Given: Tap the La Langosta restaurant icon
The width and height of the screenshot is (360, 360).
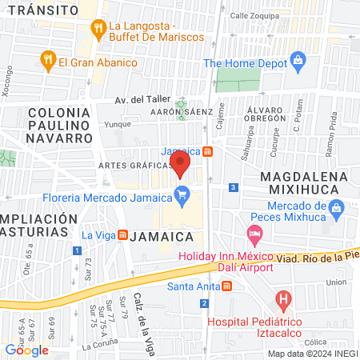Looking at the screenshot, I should coord(98,29).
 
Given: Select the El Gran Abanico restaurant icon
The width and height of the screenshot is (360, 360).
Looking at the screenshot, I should coord(46,61).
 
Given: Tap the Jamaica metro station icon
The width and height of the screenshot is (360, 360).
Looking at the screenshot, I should coord(207,151).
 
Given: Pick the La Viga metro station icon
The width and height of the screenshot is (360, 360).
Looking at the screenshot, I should coord(122,235).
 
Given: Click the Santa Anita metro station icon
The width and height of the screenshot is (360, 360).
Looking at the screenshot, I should coord(227,286).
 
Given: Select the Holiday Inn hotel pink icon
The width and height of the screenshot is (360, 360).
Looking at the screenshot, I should coord(255,236).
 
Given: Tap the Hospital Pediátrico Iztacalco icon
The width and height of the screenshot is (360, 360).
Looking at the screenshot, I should coord(282,302).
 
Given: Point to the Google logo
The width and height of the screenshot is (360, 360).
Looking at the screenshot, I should coord(27,349).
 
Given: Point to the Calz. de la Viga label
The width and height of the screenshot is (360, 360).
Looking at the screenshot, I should coord(145,314).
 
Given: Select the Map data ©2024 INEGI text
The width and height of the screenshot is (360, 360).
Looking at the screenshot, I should coord(312,354).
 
